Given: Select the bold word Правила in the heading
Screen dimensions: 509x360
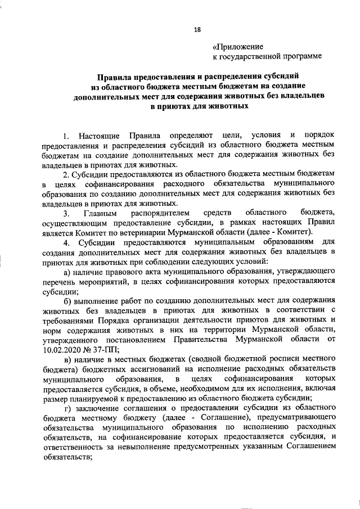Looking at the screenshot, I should pos(115,75).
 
